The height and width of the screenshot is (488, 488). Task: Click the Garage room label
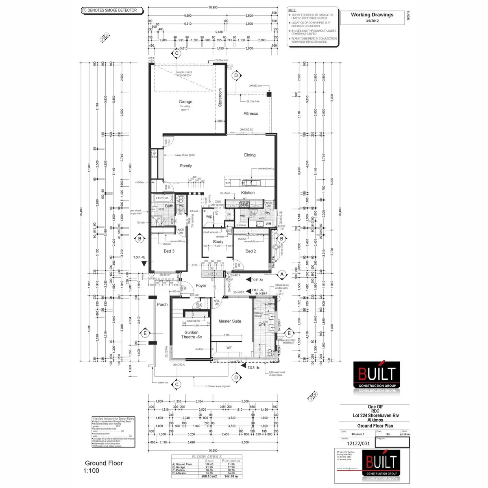(185, 102)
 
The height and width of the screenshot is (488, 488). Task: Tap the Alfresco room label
(251, 113)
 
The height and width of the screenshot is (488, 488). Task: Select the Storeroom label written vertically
(220, 97)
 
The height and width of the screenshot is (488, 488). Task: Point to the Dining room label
(250, 155)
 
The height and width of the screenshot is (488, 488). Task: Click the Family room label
(186, 166)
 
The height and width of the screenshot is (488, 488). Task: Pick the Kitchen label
(248, 193)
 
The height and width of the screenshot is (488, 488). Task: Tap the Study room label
(218, 242)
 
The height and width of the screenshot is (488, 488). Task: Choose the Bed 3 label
(169, 251)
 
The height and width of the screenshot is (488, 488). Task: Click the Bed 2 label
(251, 251)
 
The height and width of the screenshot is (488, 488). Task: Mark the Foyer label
(201, 285)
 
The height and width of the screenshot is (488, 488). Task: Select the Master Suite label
(230, 321)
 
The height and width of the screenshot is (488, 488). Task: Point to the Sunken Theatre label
(192, 335)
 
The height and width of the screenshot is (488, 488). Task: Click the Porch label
(162, 304)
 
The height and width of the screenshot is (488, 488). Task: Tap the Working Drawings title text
(372, 15)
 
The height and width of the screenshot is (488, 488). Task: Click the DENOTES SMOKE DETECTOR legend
(112, 10)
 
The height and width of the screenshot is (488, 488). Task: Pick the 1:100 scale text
(91, 471)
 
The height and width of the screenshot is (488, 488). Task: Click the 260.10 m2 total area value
(209, 476)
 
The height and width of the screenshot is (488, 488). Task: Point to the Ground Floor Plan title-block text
(375, 426)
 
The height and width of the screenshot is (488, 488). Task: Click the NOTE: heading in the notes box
(292, 10)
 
